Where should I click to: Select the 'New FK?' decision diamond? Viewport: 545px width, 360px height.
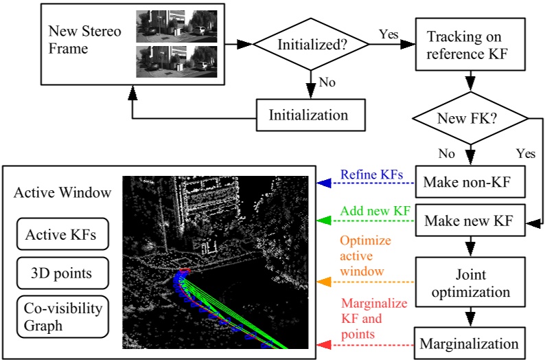(x=467, y=119)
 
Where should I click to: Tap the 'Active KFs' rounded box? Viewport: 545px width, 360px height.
(x=60, y=236)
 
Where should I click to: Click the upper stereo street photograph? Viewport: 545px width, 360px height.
(x=177, y=25)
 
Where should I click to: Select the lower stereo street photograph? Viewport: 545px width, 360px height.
(x=177, y=60)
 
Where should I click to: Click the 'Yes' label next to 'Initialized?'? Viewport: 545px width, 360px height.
(x=389, y=33)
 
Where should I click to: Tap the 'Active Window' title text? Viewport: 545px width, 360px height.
(x=62, y=193)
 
